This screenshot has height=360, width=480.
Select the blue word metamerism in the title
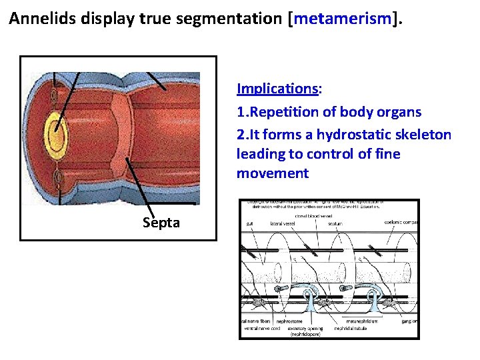tap(341, 19)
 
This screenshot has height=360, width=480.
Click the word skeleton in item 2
tap(423, 135)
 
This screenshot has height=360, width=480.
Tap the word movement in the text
tap(272, 174)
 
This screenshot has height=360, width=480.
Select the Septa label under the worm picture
tap(161, 223)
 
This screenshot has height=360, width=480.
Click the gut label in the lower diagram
tap(249, 223)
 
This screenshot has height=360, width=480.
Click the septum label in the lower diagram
tap(335, 223)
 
